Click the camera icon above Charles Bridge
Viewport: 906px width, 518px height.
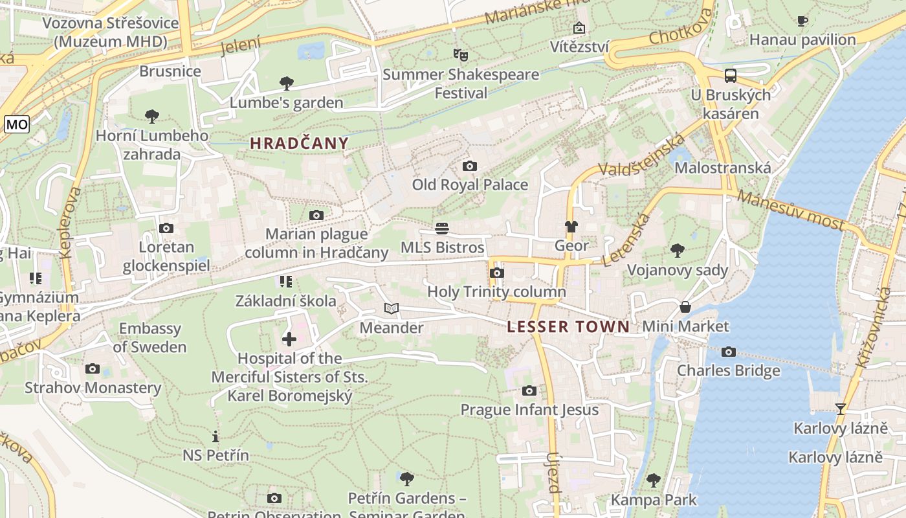tap(729, 352)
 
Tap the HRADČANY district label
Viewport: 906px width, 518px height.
tap(299, 144)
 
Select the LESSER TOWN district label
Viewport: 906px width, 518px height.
tap(568, 327)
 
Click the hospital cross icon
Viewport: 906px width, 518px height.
tap(289, 339)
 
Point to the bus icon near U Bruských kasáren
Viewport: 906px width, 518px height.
tap(731, 75)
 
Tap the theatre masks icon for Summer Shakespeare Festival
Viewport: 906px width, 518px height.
tap(460, 54)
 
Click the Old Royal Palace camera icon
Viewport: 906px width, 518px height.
tap(470, 166)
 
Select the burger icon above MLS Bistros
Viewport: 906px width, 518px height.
tap(442, 228)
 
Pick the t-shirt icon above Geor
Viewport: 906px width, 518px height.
tap(571, 226)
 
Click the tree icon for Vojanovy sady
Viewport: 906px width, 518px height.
tap(678, 250)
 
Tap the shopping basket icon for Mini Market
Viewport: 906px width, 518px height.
tap(685, 306)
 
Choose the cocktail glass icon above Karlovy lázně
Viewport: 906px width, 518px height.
tap(840, 409)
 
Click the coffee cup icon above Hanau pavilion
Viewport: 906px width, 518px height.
tap(802, 21)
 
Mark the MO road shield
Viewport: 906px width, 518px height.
tap(16, 124)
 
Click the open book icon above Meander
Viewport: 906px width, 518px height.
tap(392, 308)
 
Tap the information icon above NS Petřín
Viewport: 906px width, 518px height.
tap(215, 436)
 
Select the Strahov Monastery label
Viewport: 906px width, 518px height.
tap(93, 388)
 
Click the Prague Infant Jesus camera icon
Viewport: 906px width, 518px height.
tap(529, 390)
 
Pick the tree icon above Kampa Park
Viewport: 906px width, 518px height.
tap(654, 480)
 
